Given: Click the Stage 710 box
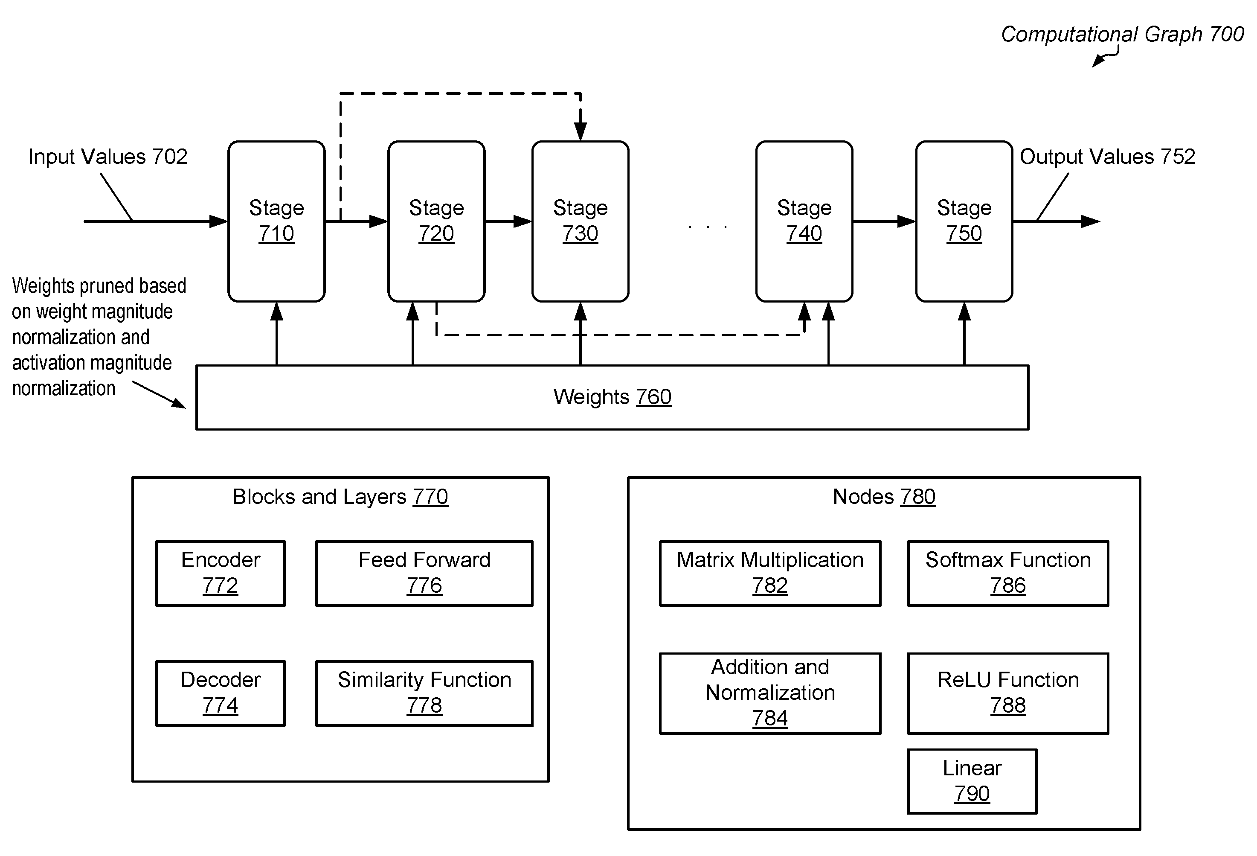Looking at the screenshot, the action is (276, 221).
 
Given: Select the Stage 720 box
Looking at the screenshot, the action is (436, 221).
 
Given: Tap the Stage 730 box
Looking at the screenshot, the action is (581, 221).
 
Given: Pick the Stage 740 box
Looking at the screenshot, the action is (804, 221).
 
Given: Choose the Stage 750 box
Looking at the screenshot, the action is (964, 221).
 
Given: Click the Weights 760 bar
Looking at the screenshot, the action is (612, 398).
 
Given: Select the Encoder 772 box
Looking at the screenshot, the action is (221, 574).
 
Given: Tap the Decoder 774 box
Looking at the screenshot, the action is (221, 693).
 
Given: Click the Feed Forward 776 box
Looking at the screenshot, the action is (424, 574).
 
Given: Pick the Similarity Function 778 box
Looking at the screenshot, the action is (424, 693).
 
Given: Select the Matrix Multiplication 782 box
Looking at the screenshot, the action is (770, 574).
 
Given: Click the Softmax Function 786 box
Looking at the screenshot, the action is (1008, 574).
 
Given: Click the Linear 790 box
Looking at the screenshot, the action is (973, 781).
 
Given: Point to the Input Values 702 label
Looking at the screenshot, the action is (107, 157).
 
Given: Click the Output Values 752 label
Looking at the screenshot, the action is (1107, 157).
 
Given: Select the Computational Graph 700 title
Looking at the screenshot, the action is (1122, 35).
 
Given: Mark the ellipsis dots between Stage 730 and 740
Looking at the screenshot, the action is (708, 227).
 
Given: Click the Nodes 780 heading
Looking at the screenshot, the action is (884, 497).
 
